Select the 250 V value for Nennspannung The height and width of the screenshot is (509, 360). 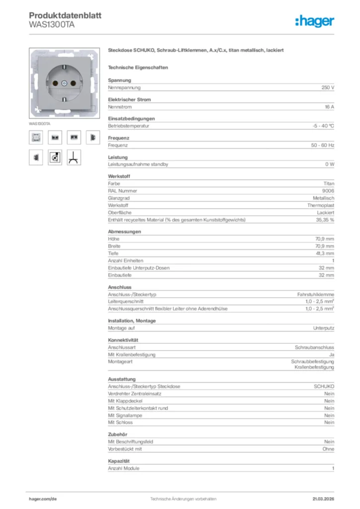327,87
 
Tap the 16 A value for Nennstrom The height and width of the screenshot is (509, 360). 329,107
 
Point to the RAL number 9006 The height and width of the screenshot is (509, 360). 328,191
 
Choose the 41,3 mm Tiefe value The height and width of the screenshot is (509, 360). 325,254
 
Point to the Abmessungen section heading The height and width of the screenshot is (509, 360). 124,232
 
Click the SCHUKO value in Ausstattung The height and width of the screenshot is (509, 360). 324,387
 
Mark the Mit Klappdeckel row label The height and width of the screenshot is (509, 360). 125,401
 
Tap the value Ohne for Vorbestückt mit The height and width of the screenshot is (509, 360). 328,449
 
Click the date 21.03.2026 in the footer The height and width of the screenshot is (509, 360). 323,499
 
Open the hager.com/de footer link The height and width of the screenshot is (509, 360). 43,499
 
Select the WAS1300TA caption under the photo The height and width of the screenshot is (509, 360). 39,123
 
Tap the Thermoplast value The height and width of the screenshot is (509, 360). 320,205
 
